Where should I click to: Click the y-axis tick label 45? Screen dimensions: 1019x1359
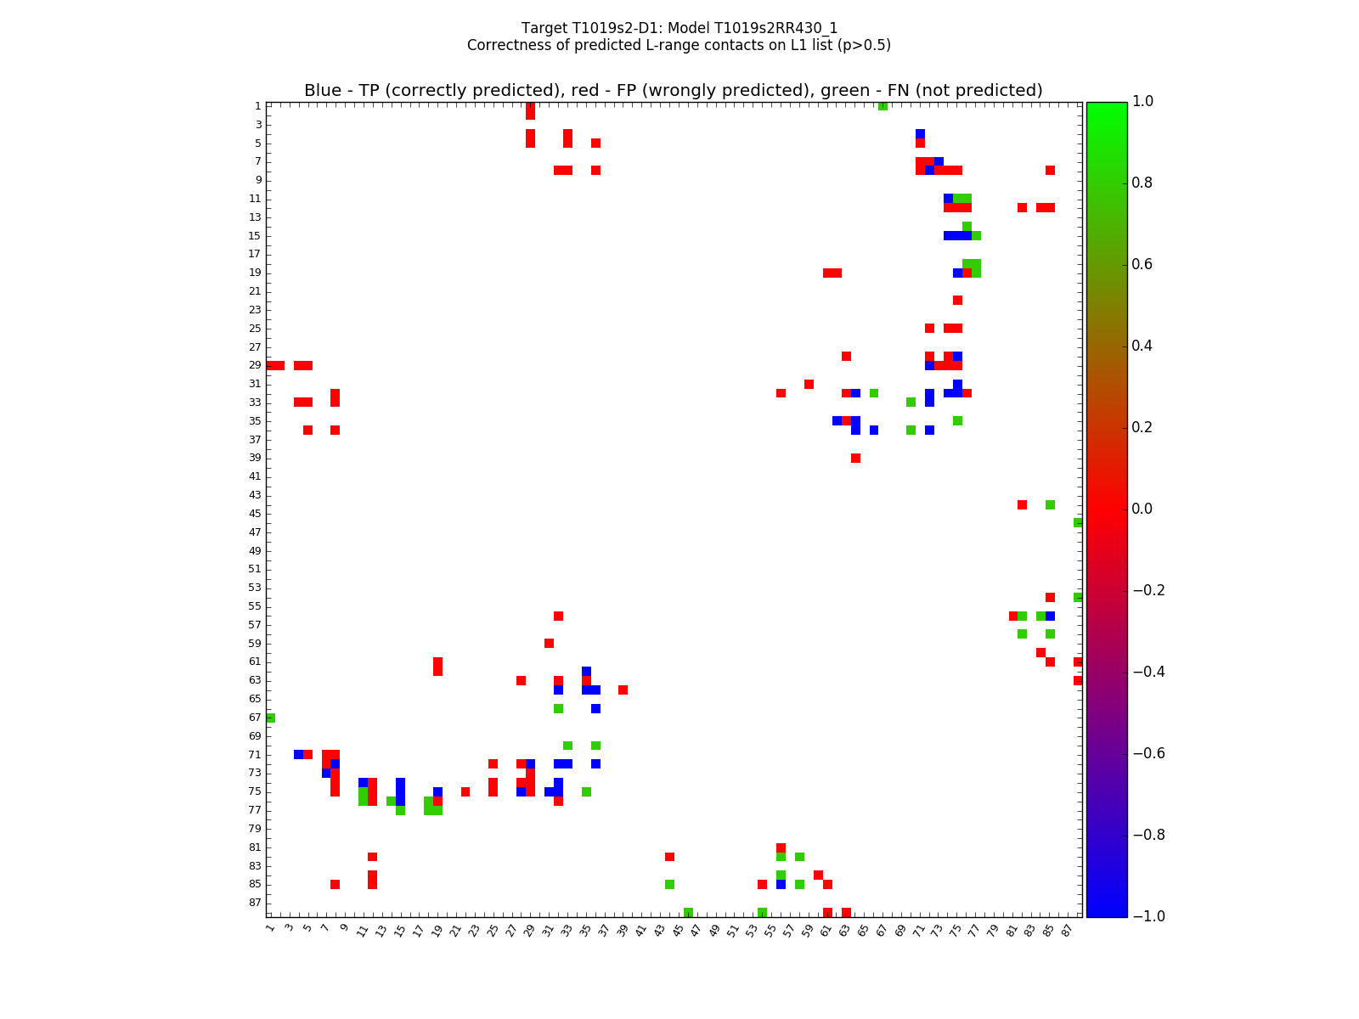click(255, 514)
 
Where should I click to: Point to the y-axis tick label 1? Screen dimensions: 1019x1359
click(257, 106)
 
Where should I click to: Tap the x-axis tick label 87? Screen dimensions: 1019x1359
click(1068, 930)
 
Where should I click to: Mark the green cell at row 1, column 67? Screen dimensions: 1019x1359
click(883, 106)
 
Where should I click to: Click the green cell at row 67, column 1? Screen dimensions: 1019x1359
click(270, 718)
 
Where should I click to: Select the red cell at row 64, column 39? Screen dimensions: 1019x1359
click(623, 690)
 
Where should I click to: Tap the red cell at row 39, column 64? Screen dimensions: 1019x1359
click(855, 458)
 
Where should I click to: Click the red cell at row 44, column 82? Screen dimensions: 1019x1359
click(1022, 504)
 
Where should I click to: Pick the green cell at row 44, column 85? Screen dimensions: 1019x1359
click(1050, 504)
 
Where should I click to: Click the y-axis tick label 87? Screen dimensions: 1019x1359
click(255, 903)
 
